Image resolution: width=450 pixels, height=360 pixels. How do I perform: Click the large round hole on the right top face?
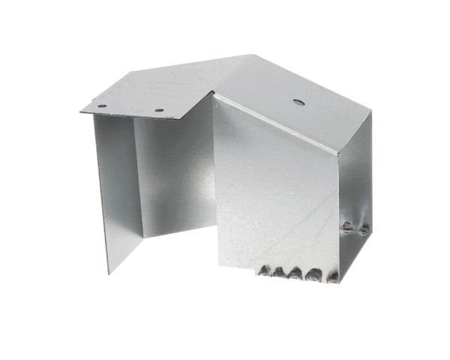coord(298,100)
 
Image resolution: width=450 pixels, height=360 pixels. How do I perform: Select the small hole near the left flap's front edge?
coord(159,111)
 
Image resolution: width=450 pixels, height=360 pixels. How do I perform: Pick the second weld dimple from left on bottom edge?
coord(279,272)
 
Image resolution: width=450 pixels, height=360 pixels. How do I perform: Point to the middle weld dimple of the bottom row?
coord(295,274)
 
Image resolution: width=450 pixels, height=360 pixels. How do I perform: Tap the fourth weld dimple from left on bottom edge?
coord(310,277)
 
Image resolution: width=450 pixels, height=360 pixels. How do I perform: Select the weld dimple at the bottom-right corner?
coord(331,278)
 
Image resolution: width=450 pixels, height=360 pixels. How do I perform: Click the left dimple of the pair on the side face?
coord(348,226)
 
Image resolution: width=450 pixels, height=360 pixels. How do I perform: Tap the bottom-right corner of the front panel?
coord(337,283)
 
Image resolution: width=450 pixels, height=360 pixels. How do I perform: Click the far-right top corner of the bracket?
coord(373,110)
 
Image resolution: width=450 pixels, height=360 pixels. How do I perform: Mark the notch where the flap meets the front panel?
coord(213,96)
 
